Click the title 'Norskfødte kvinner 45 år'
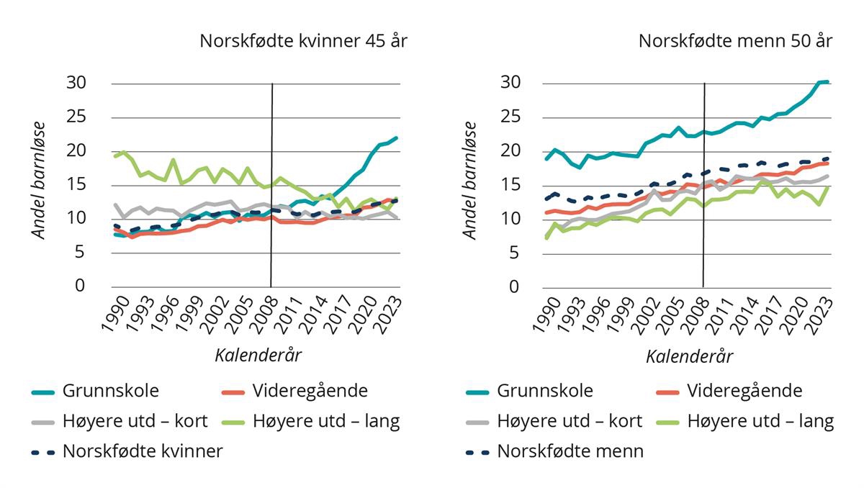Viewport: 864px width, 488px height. coord(303,41)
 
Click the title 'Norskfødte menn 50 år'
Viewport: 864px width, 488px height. coord(735,41)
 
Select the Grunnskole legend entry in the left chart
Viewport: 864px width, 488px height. coord(110,391)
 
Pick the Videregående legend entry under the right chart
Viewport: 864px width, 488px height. coord(744,391)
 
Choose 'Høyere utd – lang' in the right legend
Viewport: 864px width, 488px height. coord(760,421)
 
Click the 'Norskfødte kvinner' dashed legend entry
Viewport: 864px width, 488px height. coord(143,451)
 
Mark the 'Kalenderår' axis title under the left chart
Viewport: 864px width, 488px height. coord(258,355)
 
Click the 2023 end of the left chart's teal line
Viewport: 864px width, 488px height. coord(397,137)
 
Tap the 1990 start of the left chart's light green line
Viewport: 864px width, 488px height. coord(115,155)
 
